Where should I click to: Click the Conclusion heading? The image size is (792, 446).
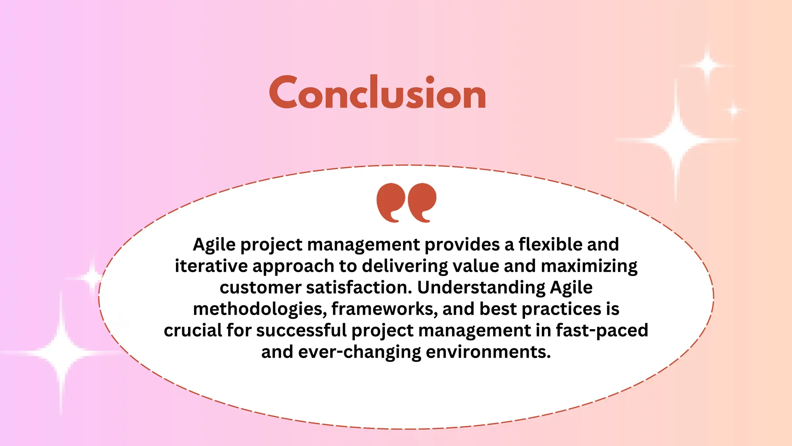pyautogui.click(x=377, y=93)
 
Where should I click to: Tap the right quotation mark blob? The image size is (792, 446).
pyautogui.click(x=422, y=199)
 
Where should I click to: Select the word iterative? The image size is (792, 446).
pyautogui.click(x=211, y=266)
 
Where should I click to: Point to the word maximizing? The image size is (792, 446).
pyautogui.click(x=589, y=266)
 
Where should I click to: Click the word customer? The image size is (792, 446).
pyautogui.click(x=260, y=288)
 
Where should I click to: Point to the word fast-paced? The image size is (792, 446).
pyautogui.click(x=602, y=331)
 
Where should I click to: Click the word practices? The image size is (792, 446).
pyautogui.click(x=561, y=309)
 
